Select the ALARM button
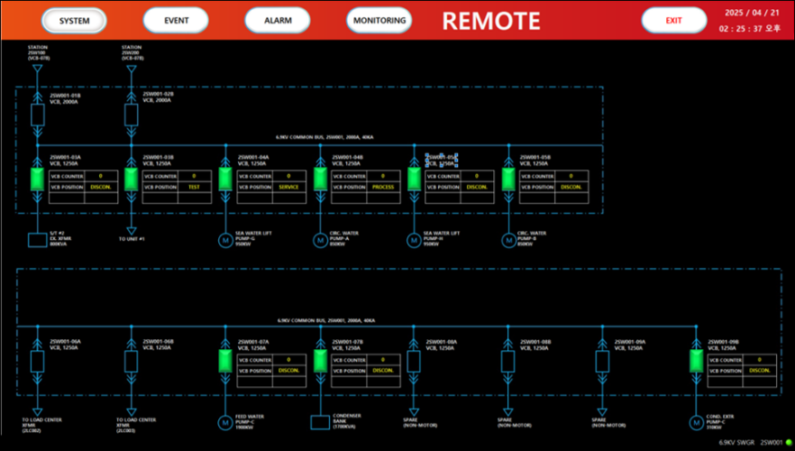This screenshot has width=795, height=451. (277, 20)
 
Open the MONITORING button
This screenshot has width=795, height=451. (379, 20)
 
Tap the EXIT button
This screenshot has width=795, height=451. (673, 20)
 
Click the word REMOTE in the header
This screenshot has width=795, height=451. (491, 21)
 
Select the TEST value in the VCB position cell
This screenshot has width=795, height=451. (194, 187)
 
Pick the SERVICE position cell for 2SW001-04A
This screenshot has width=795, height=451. (288, 187)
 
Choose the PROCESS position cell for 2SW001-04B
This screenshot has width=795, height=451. (383, 187)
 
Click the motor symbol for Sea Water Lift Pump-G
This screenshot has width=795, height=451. (225, 240)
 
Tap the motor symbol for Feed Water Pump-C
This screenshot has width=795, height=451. (225, 421)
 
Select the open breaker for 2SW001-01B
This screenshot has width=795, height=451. (37, 115)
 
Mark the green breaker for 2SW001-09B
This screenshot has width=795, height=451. (696, 361)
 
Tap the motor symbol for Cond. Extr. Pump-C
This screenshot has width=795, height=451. (696, 421)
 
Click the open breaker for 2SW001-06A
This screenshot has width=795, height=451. (37, 361)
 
